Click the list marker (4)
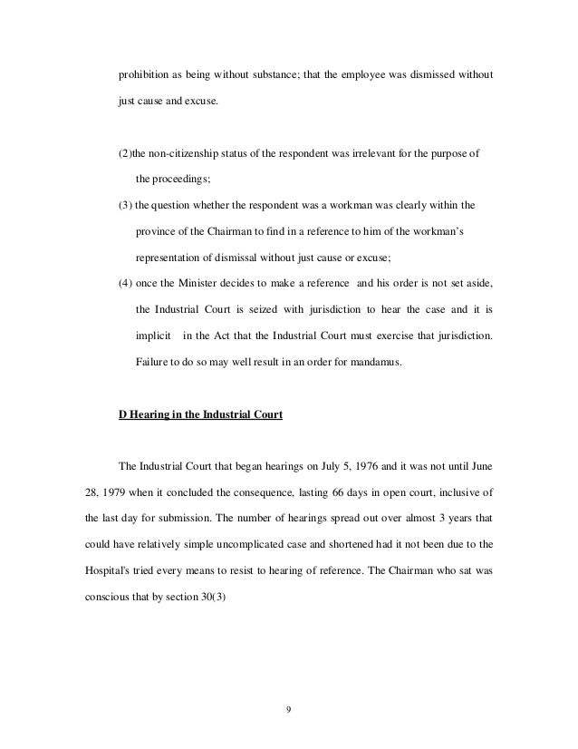coord(127,285)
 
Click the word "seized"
coord(258,311)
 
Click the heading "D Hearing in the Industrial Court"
coord(201,416)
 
